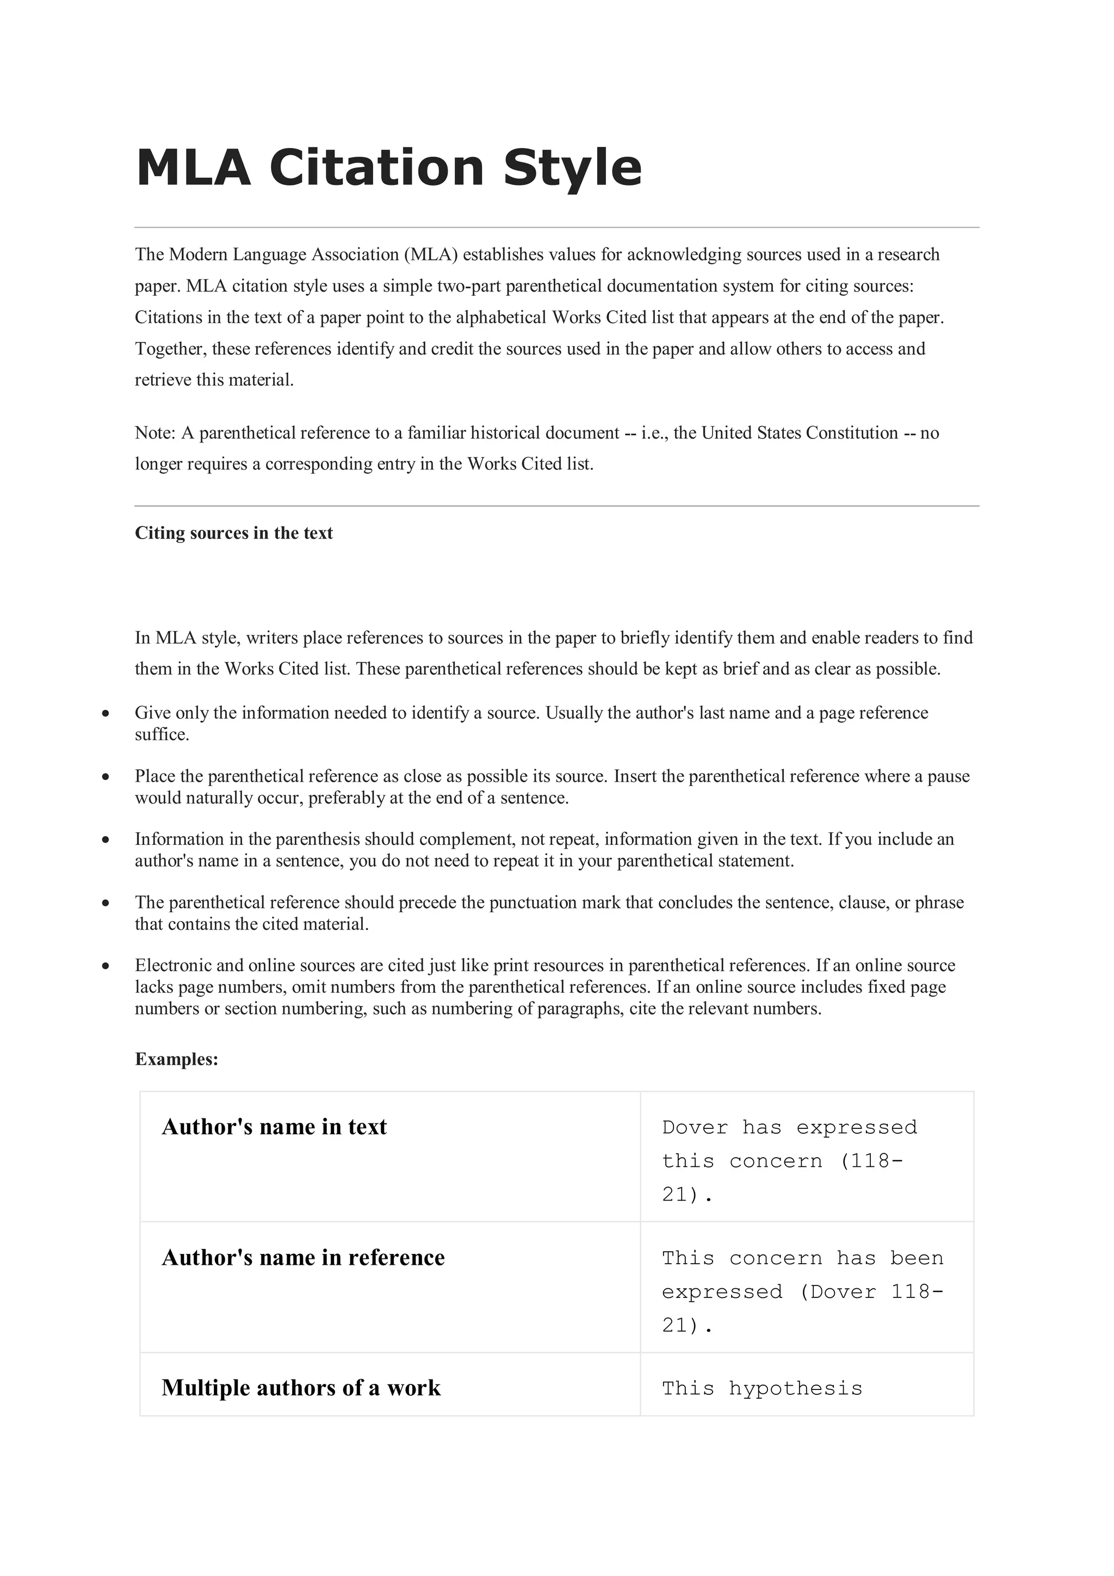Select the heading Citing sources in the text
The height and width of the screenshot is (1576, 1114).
tap(233, 533)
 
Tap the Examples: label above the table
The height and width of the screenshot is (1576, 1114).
tap(176, 1059)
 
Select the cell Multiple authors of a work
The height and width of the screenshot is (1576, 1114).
tap(301, 1388)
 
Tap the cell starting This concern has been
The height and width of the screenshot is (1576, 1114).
tap(802, 1291)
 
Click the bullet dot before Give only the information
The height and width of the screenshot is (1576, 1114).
tap(105, 714)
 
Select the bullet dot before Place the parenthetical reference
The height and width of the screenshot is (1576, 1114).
tap(105, 777)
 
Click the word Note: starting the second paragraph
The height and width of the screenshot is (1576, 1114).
tap(155, 433)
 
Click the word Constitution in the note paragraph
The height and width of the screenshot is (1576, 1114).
tap(851, 433)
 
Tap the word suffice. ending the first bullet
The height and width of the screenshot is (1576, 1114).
tap(162, 735)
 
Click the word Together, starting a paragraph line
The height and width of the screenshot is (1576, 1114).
tap(170, 349)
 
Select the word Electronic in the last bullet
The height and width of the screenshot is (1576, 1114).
tap(173, 966)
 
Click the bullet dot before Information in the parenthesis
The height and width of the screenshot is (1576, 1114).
tap(105, 840)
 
